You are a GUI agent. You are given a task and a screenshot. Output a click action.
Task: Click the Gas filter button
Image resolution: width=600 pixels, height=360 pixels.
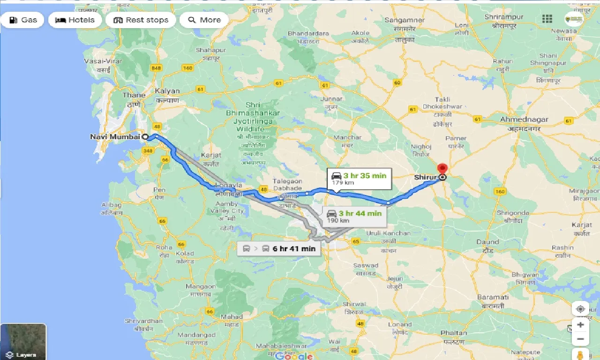pos(22,20)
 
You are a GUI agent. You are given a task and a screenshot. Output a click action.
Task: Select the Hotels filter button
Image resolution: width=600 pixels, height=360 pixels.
pos(75,20)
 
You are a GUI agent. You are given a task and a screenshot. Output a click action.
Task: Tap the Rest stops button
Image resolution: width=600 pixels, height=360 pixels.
pos(141,20)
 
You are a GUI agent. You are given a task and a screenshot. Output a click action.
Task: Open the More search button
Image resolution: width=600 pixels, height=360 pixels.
pos(204,20)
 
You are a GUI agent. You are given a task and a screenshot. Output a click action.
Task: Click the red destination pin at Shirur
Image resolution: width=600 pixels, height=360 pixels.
pos(442,169)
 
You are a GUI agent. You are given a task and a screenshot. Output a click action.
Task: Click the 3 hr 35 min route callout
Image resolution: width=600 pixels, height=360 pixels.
pos(359,179)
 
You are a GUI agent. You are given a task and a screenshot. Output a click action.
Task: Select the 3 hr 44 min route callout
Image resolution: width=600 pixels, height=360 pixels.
pos(354,216)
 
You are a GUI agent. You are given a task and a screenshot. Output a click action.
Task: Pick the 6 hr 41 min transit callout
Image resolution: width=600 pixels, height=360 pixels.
pos(279,248)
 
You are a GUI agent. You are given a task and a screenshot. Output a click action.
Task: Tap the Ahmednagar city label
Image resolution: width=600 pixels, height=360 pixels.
pos(524,120)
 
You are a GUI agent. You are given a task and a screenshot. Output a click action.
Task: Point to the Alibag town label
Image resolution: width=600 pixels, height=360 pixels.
pos(111,205)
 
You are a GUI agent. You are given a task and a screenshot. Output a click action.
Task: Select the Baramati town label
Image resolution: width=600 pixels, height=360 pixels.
pos(493,297)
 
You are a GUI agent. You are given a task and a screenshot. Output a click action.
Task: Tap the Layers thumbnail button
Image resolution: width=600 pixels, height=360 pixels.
pos(23,341)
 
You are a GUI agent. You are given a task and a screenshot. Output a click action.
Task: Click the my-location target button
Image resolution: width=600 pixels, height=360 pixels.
pos(580,309)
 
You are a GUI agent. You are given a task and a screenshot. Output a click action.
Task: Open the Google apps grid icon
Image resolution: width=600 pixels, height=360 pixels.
pos(547,19)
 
